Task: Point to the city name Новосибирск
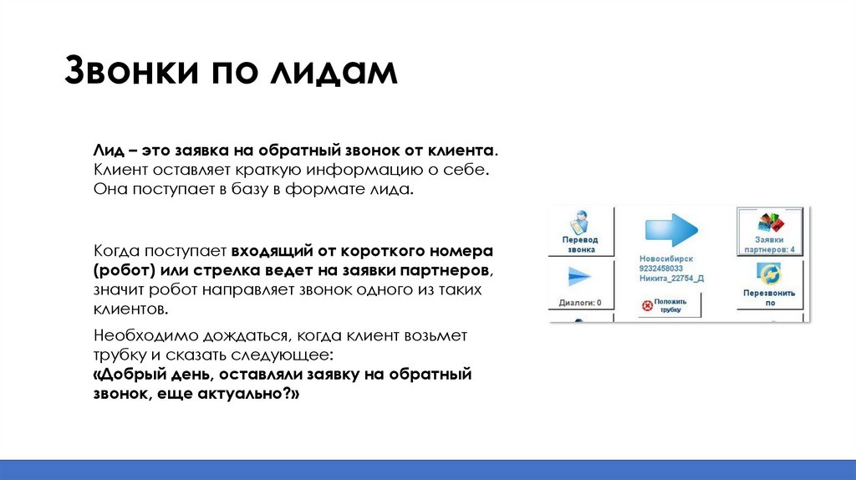pyautogui.click(x=666, y=259)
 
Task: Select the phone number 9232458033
pyautogui.click(x=666, y=268)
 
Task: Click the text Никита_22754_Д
pyautogui.click(x=671, y=278)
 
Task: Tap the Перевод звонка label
pyautogui.click(x=580, y=243)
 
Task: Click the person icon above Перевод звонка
pyautogui.click(x=580, y=222)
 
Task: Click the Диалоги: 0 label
pyautogui.click(x=580, y=303)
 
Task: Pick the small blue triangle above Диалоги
pyautogui.click(x=579, y=278)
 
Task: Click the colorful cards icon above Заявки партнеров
pyautogui.click(x=772, y=222)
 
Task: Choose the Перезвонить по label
pyautogui.click(x=770, y=299)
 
